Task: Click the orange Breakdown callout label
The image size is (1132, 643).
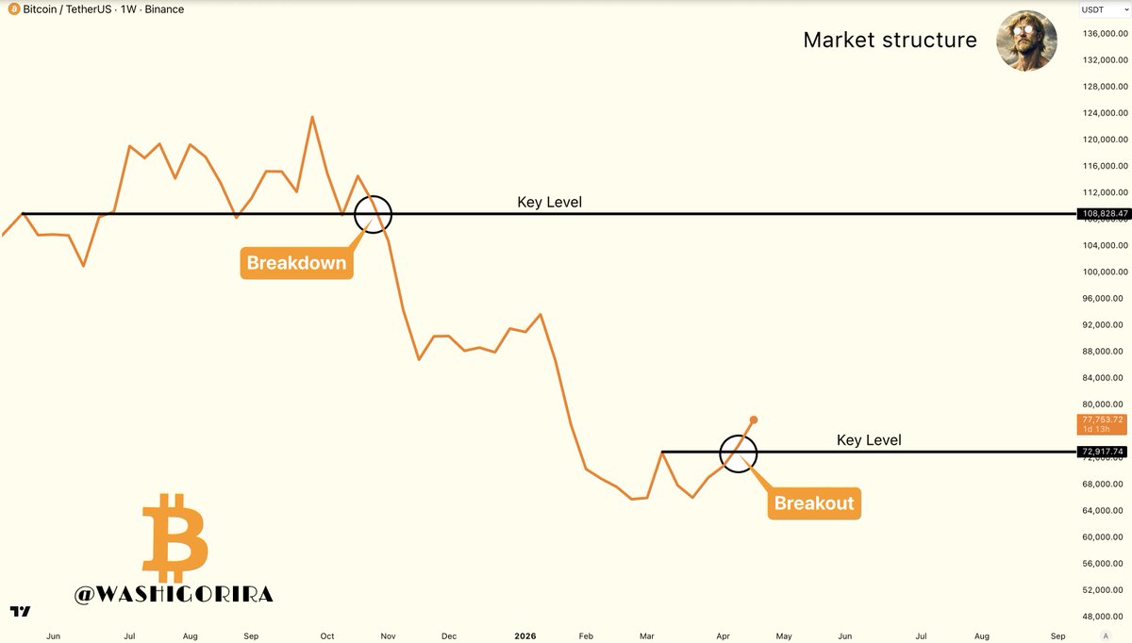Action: click(x=296, y=262)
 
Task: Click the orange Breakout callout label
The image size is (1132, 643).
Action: click(x=813, y=503)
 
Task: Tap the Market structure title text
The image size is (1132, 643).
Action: click(x=890, y=40)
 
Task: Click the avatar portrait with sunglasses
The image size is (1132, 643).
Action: click(x=1025, y=40)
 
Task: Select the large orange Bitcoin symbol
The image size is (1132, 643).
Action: click(x=175, y=537)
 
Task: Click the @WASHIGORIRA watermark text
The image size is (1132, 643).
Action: click(x=174, y=594)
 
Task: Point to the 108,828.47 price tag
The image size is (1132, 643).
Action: click(x=1103, y=214)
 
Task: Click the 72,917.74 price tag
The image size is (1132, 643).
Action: click(x=1103, y=452)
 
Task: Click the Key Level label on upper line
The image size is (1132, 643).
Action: click(x=549, y=202)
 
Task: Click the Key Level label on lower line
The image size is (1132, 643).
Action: click(x=869, y=439)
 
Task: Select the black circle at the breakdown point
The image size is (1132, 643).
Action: click(x=373, y=214)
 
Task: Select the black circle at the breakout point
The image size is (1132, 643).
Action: click(x=738, y=453)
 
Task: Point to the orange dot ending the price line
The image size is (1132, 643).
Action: click(x=754, y=419)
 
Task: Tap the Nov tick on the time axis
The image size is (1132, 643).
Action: click(x=387, y=636)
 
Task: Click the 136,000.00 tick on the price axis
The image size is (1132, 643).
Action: click(x=1103, y=34)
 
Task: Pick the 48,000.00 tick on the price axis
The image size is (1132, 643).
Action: click(x=1103, y=617)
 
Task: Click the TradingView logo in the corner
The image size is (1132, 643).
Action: click(x=20, y=611)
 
